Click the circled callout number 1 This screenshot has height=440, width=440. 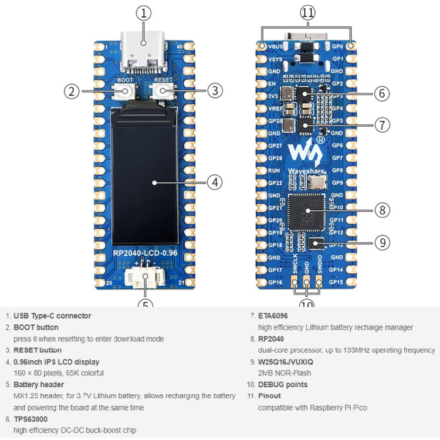(144, 12)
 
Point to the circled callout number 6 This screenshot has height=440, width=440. (381, 93)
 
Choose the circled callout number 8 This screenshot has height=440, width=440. (381, 209)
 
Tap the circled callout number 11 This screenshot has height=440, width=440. (307, 12)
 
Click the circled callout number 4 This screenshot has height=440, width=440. (215, 182)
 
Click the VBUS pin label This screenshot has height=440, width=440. (275, 46)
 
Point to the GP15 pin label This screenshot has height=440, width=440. (336, 282)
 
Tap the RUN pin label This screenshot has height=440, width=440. (274, 171)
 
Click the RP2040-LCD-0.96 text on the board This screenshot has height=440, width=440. (145, 253)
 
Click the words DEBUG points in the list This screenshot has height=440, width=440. (284, 384)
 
